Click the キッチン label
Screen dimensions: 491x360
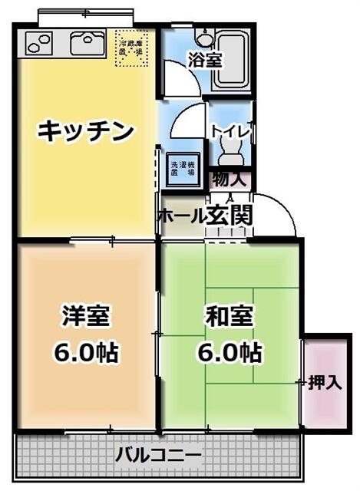tap(86, 132)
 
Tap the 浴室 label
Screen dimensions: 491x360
tap(205, 60)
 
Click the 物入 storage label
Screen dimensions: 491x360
tap(229, 181)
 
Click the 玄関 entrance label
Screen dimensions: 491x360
tap(230, 216)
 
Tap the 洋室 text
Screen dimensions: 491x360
tap(85, 315)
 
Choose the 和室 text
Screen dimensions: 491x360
tap(229, 315)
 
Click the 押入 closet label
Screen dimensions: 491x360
tap(325, 381)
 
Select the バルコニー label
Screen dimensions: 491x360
tap(159, 455)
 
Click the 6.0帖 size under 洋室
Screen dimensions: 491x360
tap(85, 353)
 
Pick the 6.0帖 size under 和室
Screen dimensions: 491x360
tap(229, 353)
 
